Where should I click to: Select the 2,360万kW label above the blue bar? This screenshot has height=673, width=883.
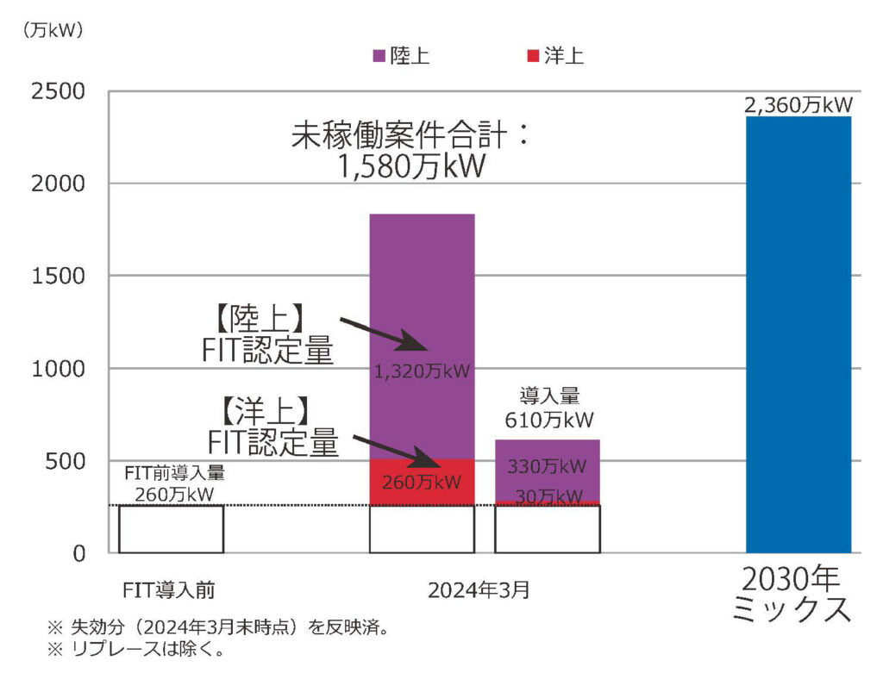[x=798, y=106]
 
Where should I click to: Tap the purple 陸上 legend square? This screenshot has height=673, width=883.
[x=379, y=57]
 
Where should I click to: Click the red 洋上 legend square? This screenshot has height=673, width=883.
[x=531, y=57]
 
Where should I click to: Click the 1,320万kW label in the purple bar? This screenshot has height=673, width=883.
[x=422, y=373]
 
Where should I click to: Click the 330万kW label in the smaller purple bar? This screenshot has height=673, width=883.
[x=547, y=466]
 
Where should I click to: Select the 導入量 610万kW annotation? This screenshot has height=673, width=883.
[x=548, y=408]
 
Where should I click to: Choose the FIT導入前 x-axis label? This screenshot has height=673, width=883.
[x=169, y=591]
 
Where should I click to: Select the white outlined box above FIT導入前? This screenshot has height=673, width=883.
[x=171, y=528]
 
